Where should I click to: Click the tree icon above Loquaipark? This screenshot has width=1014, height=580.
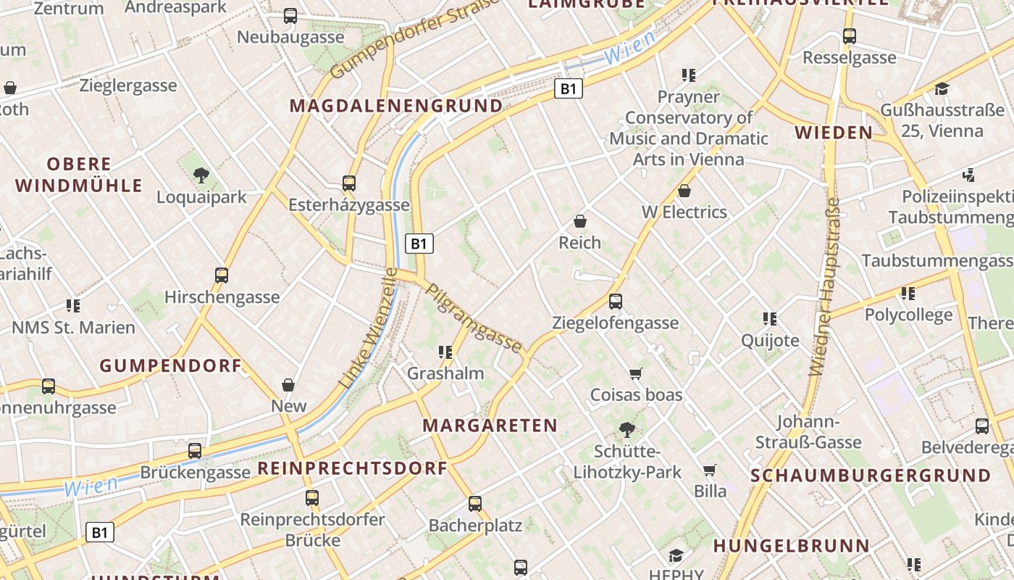click(x=201, y=175)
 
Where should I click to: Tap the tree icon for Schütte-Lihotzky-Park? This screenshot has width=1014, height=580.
click(x=627, y=429)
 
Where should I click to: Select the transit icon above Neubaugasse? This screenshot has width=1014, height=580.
click(x=290, y=15)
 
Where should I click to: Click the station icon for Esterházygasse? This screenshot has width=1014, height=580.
click(x=349, y=183)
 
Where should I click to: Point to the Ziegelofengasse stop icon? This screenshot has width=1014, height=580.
click(x=616, y=301)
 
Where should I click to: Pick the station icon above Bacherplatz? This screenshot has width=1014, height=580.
click(x=475, y=503)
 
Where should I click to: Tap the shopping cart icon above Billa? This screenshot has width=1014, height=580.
click(x=710, y=470)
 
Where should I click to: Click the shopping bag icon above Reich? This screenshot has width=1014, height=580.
click(x=579, y=221)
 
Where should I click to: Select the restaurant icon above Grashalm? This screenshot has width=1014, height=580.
click(x=445, y=352)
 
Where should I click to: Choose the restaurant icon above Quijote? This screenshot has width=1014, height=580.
click(x=770, y=318)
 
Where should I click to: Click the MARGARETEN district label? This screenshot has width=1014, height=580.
click(x=490, y=426)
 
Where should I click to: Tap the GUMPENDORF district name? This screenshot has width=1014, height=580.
click(x=170, y=366)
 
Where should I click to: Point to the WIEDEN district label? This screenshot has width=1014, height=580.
click(x=834, y=133)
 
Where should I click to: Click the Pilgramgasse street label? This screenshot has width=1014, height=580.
click(x=474, y=318)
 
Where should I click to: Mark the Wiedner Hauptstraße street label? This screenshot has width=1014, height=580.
click(x=824, y=286)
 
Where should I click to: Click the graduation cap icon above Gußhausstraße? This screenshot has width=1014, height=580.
click(x=942, y=89)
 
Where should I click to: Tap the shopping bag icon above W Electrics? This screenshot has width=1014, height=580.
click(x=684, y=191)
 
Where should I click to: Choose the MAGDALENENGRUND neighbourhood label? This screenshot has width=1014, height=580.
click(x=396, y=106)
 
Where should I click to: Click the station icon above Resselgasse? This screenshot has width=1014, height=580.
click(x=850, y=36)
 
